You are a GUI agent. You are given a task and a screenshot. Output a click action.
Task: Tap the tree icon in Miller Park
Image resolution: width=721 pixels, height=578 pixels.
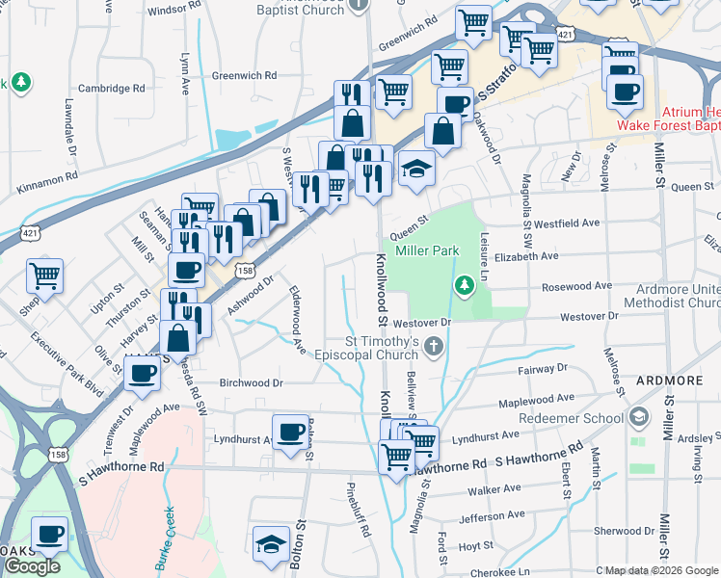point(465,285)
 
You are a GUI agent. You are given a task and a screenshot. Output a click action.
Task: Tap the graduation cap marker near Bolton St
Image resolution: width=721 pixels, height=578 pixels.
point(271,542)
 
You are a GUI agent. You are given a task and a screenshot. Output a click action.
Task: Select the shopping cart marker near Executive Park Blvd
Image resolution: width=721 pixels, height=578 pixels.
point(44,276)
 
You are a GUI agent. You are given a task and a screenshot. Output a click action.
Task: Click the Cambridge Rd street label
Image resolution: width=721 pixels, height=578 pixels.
point(112,88)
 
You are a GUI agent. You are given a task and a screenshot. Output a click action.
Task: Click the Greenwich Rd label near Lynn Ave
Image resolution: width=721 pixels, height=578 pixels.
point(244,75)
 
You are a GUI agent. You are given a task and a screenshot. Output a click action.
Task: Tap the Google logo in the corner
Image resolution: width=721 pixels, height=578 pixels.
point(31,566)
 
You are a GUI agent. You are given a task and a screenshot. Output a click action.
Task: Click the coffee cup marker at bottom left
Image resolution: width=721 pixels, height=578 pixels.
point(49,533)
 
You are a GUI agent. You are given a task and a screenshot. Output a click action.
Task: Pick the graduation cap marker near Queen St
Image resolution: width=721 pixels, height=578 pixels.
point(416,170)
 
